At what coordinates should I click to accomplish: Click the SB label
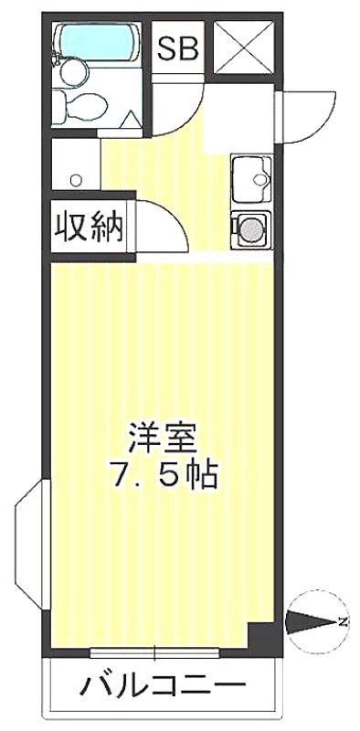177,49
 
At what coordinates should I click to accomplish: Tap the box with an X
244,48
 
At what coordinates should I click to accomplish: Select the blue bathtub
97,42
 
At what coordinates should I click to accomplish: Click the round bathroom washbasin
74,71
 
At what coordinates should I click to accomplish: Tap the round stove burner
251,229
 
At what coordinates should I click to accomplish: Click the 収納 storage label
89,227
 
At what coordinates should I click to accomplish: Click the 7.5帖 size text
164,475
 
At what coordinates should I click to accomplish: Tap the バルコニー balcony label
163,684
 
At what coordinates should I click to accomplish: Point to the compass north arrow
310,621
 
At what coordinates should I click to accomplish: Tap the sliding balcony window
154,653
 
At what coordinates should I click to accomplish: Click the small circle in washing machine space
76,179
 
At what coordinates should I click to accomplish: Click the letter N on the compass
343,621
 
